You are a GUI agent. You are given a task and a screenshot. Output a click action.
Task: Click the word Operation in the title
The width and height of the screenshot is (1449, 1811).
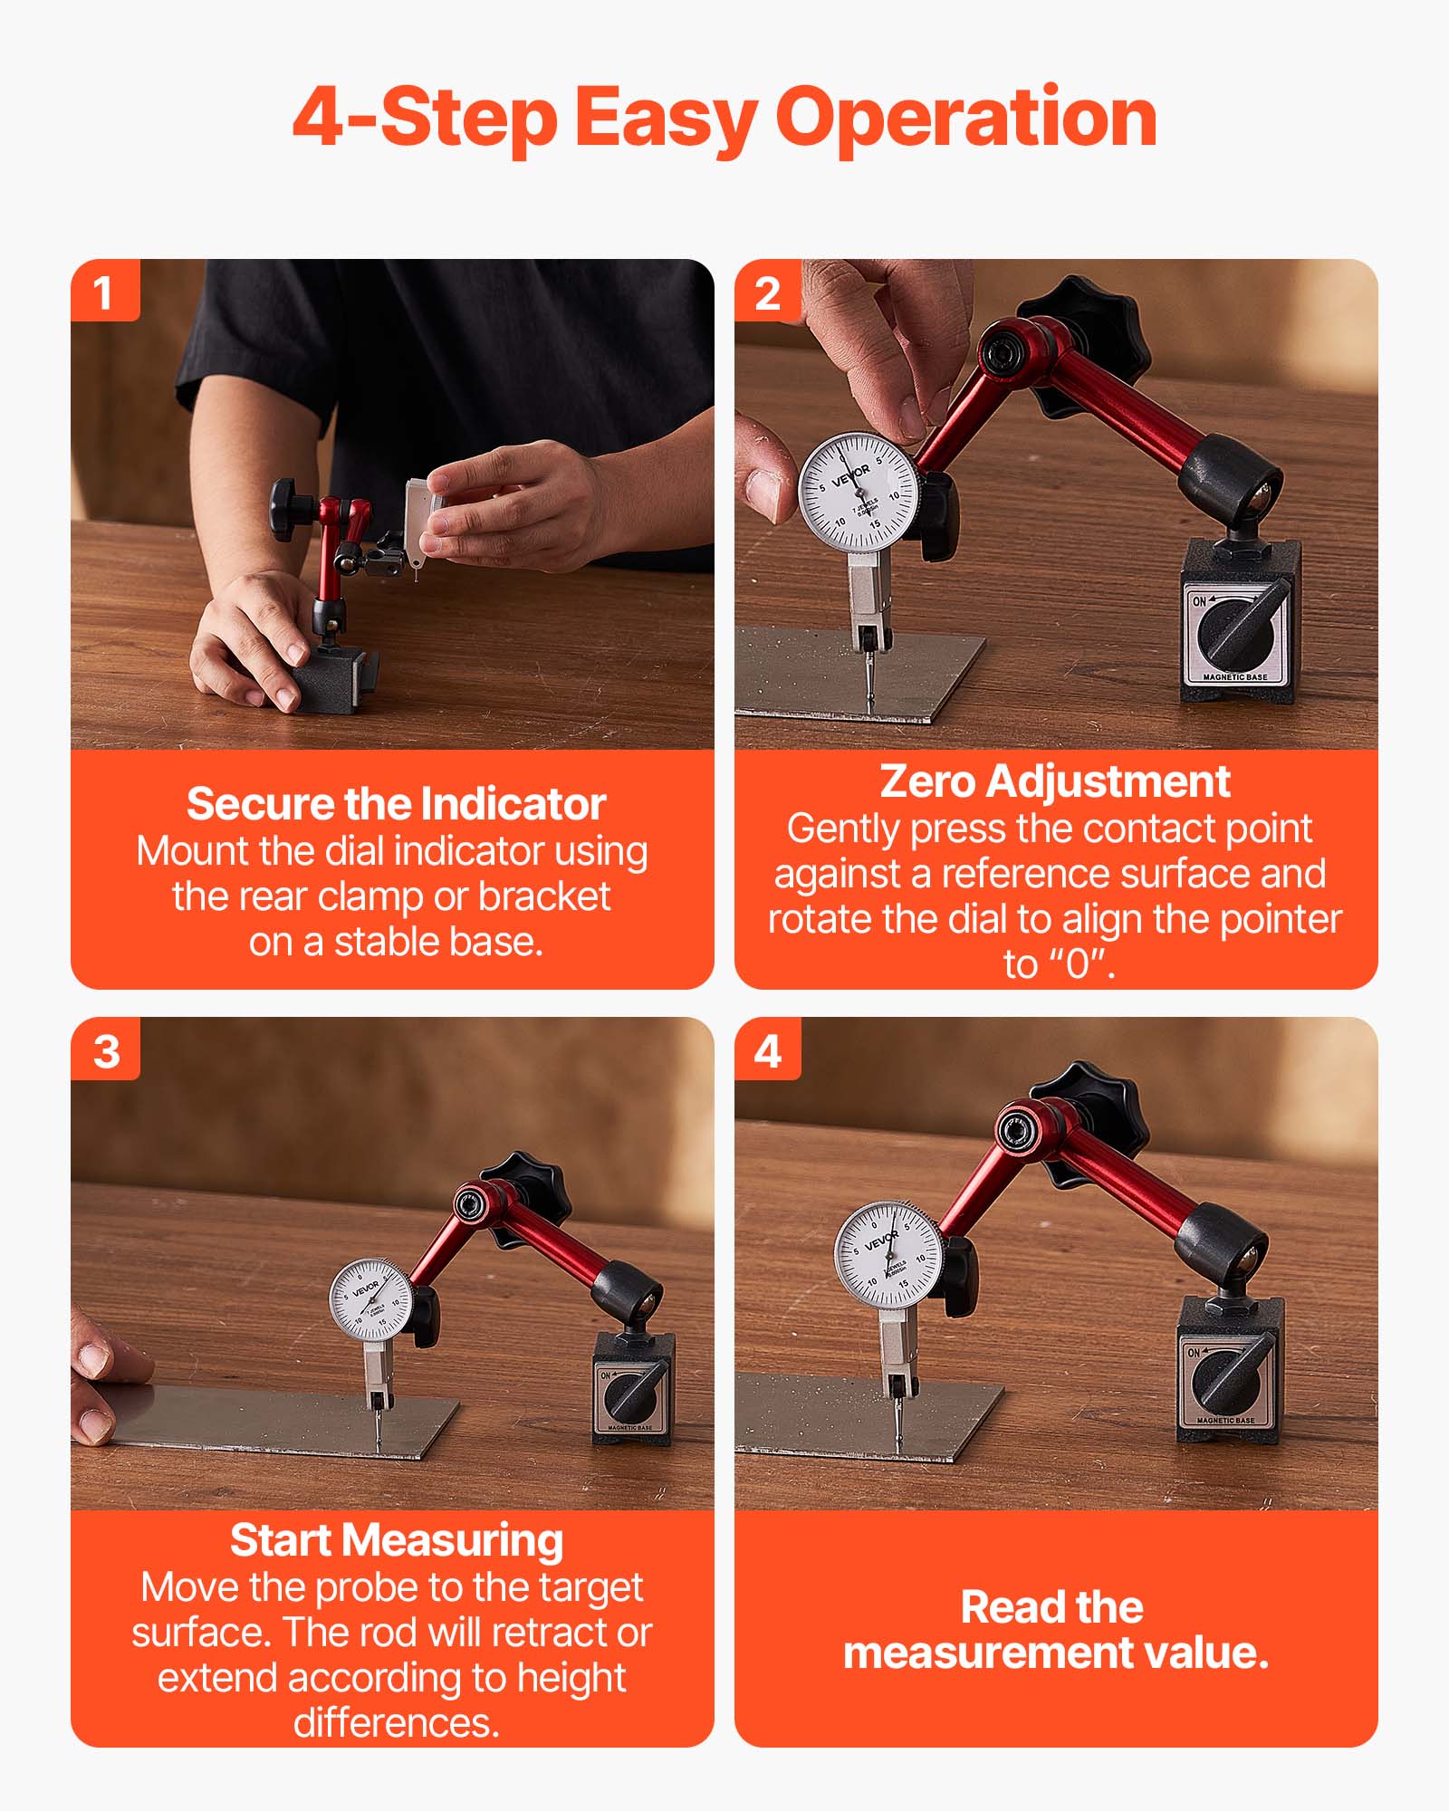tap(966, 118)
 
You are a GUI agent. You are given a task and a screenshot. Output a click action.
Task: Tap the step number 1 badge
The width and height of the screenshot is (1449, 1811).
tap(104, 292)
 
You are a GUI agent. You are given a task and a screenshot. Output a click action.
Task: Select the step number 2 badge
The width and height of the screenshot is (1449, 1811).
tap(767, 292)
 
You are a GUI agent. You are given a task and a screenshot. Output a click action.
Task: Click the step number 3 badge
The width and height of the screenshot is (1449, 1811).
tap(106, 1050)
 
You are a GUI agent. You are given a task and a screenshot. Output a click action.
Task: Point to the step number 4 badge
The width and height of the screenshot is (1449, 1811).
tap(767, 1050)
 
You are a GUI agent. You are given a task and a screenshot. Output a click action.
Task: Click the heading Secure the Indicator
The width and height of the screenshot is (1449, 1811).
tap(396, 804)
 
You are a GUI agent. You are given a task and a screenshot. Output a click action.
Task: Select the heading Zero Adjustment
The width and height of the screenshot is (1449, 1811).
tap(1054, 781)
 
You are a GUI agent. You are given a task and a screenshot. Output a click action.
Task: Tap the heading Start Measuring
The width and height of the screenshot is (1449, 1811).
tap(396, 1539)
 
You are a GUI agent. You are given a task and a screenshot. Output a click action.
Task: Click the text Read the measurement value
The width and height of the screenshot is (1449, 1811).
tap(1054, 1630)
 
